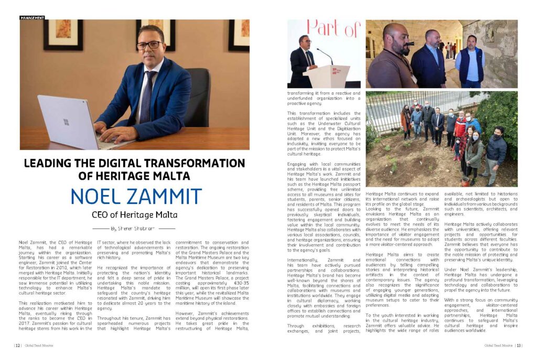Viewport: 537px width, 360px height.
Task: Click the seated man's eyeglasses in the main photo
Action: pos(149,46)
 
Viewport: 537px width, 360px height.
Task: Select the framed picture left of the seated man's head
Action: pos(63,35)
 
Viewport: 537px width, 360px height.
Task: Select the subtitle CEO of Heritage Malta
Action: pos(135,215)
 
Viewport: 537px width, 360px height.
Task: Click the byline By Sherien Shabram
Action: pos(135,228)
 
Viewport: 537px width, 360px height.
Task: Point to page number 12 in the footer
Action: pos(17,345)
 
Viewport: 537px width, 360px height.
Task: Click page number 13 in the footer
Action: pos(519,345)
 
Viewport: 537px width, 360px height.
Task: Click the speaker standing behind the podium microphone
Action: pos(303,59)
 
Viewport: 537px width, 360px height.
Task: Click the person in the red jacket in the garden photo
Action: pos(460,128)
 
